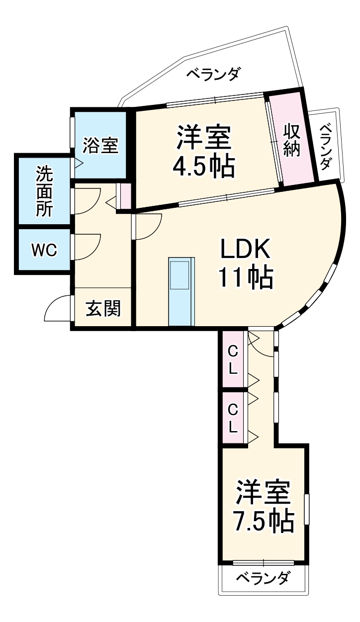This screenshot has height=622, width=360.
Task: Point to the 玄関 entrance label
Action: [x=103, y=309]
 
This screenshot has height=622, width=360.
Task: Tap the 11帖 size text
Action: [x=245, y=279]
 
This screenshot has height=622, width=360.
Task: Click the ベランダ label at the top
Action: [x=213, y=75]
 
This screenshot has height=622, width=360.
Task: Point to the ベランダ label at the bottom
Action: [x=262, y=579]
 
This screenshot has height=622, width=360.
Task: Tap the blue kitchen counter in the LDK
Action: [x=181, y=292]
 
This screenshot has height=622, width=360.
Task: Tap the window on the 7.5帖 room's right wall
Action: [x=307, y=509]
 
